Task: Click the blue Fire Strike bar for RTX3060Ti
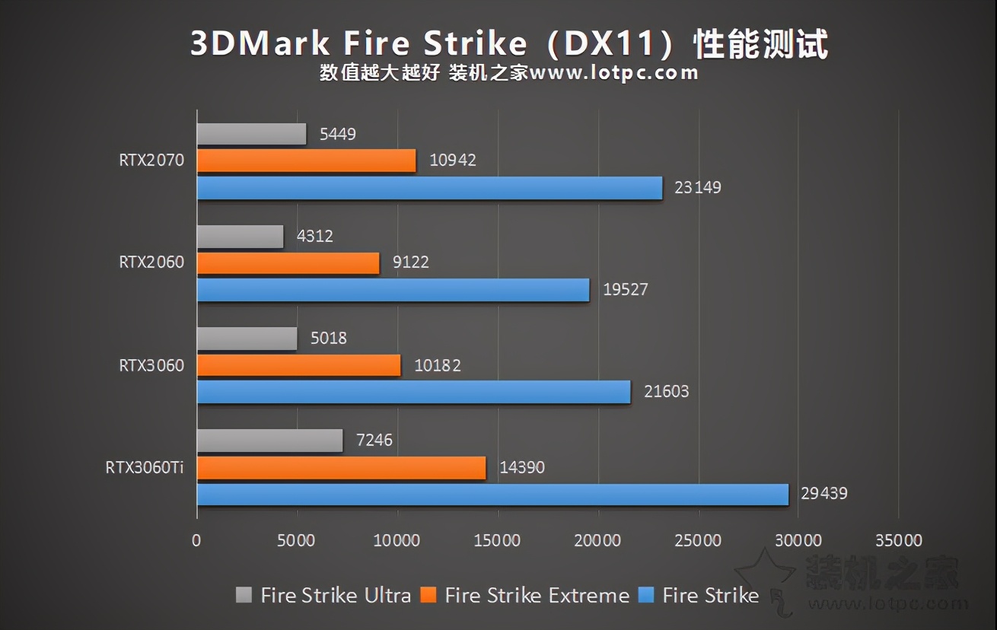[492, 495]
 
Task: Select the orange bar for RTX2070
[306, 161]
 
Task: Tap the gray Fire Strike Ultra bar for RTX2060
[240, 237]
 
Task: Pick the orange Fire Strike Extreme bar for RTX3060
[298, 365]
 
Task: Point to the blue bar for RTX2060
[393, 290]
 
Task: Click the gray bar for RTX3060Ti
[269, 441]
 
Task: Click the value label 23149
[697, 187]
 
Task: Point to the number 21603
[665, 392]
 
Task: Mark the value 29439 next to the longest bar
[823, 494]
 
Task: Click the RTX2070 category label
[151, 161]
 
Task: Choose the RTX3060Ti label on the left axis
[145, 467]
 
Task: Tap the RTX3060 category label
[151, 365]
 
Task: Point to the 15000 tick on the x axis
[498, 541]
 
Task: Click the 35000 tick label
[898, 541]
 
